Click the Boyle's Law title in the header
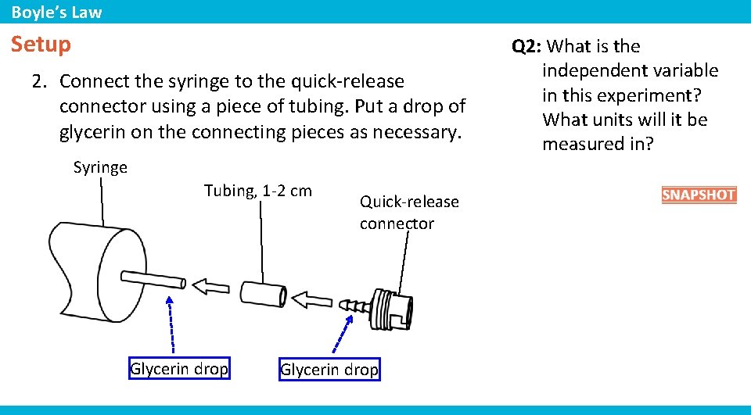click(56, 12)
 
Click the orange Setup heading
click(41, 44)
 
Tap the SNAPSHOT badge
click(699, 195)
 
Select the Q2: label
click(526, 46)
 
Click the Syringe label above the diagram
click(100, 167)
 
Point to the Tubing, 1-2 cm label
click(258, 191)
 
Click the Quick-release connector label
click(409, 213)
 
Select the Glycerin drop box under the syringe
click(180, 369)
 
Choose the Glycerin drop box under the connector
click(329, 369)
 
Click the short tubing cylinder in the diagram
click(264, 293)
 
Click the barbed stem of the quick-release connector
click(354, 306)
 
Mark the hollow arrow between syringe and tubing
click(210, 287)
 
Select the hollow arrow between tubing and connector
click(312, 300)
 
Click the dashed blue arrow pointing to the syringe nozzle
click(171, 324)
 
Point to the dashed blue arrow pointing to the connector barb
click(343, 334)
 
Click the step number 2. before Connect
click(40, 81)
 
